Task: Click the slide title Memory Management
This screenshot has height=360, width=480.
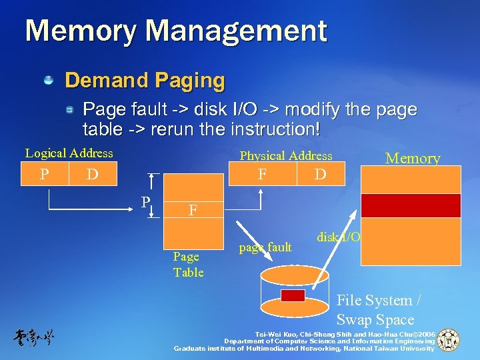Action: click(x=176, y=31)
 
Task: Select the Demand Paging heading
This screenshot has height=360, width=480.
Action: click(x=145, y=81)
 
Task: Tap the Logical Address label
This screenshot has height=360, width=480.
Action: click(x=69, y=153)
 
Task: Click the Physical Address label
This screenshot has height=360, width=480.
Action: click(x=285, y=156)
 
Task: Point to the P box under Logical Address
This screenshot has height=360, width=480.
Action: click(x=44, y=175)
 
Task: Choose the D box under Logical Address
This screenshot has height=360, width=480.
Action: click(x=93, y=175)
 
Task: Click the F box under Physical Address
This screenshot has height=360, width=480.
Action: click(x=263, y=175)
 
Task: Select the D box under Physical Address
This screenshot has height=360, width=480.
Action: click(x=321, y=175)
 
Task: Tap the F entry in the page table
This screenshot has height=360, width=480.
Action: click(x=193, y=210)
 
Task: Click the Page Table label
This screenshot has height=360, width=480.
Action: click(x=188, y=265)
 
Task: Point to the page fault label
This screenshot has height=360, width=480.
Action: click(x=265, y=248)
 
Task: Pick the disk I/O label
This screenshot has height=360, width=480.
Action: click(x=339, y=237)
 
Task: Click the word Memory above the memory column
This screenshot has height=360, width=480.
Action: click(x=413, y=158)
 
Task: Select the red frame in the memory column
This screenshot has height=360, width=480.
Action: click(x=411, y=205)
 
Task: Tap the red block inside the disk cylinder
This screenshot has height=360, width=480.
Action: click(x=293, y=295)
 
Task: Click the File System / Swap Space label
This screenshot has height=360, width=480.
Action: click(x=375, y=310)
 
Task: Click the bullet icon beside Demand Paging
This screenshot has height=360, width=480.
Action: click(x=49, y=81)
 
